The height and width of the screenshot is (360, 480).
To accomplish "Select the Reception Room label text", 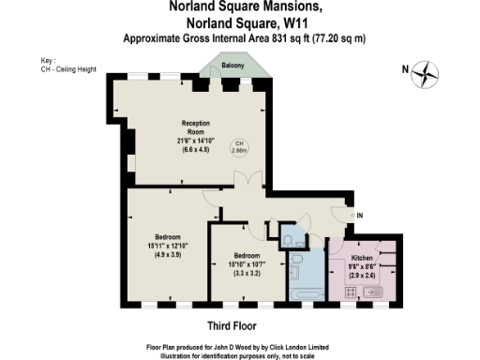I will click(x=195, y=128).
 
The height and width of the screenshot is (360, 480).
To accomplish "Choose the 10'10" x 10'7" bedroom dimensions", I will click(x=247, y=265).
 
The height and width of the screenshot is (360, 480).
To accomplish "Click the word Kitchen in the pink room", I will click(x=363, y=257).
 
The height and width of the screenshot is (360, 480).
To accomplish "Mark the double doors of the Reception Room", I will click(x=239, y=182).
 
